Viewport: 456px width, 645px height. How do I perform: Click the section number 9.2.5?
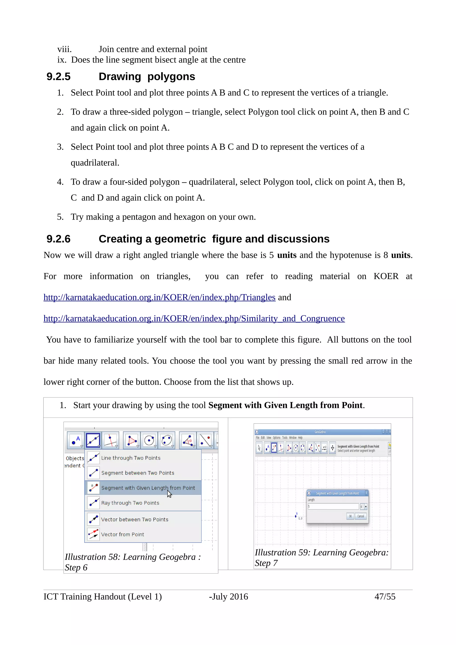tap(58, 77)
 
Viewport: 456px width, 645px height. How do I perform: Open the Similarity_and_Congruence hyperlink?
tap(194, 318)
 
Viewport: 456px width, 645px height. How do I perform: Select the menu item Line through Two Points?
tap(131, 458)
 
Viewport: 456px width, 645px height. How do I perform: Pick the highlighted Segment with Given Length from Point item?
tap(148, 488)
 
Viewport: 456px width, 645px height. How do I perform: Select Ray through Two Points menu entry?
tap(130, 503)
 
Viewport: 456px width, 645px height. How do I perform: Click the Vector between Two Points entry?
tap(134, 519)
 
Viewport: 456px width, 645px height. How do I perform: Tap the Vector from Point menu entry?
tap(122, 534)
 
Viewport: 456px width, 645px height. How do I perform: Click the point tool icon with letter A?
tap(75, 440)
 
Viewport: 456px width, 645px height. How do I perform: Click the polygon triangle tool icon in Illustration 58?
tap(132, 440)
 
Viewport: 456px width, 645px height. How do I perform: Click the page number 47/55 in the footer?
tap(385, 596)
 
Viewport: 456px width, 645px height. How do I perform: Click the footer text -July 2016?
tap(228, 596)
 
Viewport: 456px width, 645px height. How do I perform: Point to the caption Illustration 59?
tap(322, 557)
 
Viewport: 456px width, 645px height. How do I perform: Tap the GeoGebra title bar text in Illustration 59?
tap(320, 432)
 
